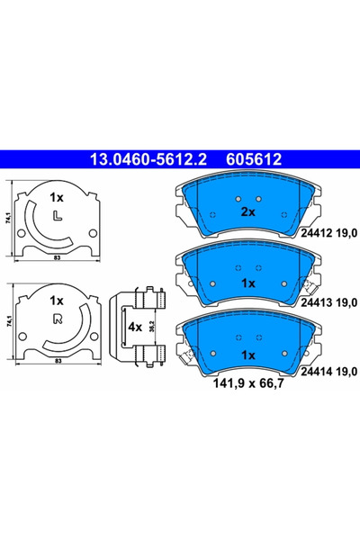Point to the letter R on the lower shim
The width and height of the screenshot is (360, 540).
pyautogui.click(x=58, y=319)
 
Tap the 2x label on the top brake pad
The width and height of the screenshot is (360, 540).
pyautogui.click(x=248, y=212)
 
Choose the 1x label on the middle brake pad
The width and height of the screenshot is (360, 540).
pyautogui.click(x=248, y=283)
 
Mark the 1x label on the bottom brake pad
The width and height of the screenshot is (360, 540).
pyautogui.click(x=248, y=356)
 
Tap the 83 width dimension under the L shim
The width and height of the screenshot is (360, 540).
pyautogui.click(x=57, y=259)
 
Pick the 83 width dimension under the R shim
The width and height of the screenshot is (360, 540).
pyautogui.click(x=57, y=361)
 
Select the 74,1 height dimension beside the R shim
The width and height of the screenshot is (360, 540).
pyautogui.click(x=7, y=319)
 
